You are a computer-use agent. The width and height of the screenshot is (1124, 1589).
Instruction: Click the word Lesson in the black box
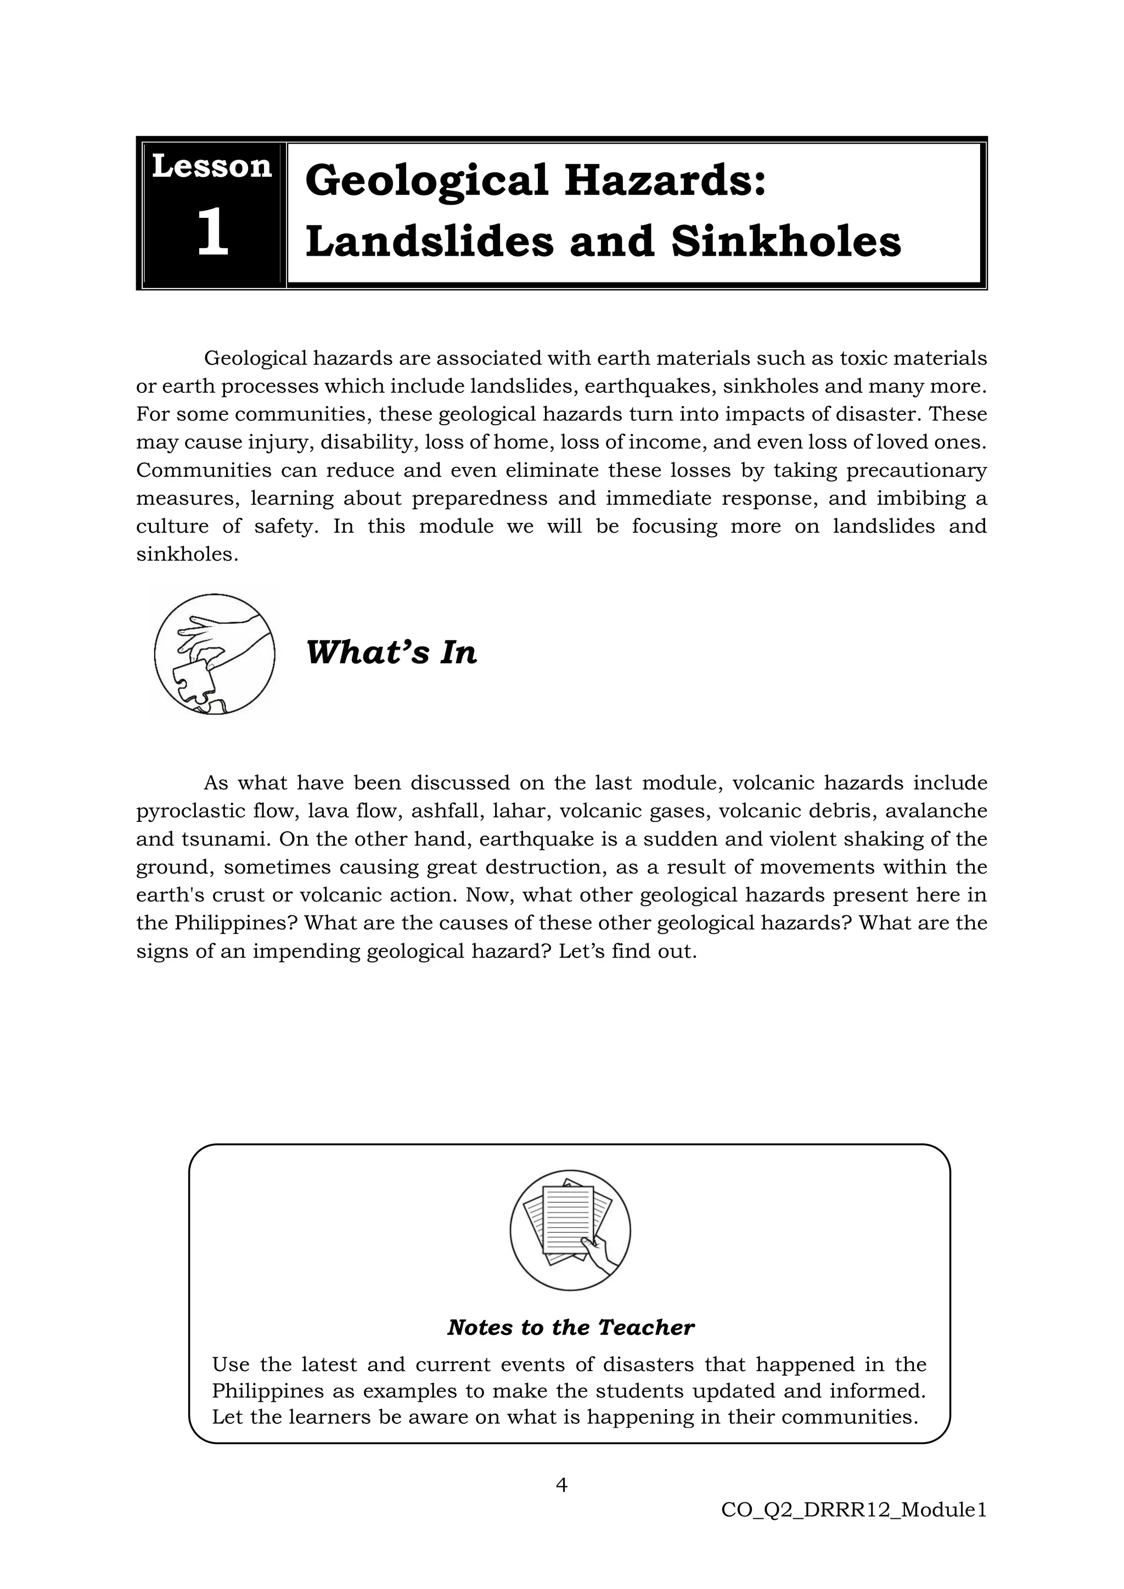tap(211, 167)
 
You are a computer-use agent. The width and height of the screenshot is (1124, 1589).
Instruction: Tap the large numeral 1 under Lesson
tap(212, 233)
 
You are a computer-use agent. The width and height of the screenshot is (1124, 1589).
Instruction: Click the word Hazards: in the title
tap(665, 180)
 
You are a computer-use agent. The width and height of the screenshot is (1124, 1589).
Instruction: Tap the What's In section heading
tap(391, 652)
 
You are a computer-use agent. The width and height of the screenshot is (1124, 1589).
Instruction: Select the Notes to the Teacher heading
tap(570, 1327)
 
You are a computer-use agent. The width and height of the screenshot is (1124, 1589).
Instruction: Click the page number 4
tap(561, 1485)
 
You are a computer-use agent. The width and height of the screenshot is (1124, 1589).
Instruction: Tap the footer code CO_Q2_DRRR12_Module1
tap(853, 1510)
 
